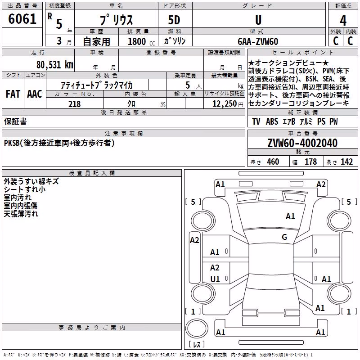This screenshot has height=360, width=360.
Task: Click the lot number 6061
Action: (22, 19)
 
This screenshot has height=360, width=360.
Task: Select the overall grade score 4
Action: (343, 21)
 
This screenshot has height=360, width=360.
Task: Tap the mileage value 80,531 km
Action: (54, 65)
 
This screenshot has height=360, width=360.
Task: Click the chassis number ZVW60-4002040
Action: (302, 143)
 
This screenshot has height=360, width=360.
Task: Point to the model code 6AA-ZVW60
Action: (258, 41)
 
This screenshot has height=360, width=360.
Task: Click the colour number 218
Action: (75, 104)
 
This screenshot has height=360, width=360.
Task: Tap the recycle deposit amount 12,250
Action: (224, 104)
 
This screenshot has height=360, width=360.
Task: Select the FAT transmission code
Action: (13, 94)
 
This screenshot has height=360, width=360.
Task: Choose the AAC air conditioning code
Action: (35, 94)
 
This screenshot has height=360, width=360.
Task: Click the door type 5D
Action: (174, 20)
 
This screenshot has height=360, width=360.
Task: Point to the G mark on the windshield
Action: (284, 237)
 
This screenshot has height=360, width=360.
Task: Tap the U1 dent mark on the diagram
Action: (215, 279)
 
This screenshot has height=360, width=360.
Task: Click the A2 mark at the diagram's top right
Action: (321, 184)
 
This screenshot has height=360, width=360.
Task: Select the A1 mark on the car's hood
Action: (290, 216)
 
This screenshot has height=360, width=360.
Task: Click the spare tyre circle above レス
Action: (197, 328)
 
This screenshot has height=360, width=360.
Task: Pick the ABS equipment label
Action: (272, 121)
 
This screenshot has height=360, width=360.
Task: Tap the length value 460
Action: (273, 162)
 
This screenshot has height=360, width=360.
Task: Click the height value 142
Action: (346, 162)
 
